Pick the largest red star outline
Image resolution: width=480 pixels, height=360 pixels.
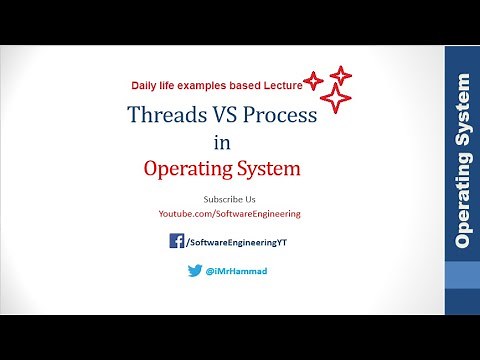coord(337,99)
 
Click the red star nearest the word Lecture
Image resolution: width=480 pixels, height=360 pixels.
coord(313,82)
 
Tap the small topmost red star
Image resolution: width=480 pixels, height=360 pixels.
coord(341,75)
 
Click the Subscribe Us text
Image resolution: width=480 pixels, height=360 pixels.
coord(229,199)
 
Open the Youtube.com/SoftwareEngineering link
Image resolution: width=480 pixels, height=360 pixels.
coord(229,214)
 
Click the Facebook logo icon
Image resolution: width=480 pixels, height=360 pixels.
coord(176,240)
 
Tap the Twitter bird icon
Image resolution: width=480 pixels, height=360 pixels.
coord(195,271)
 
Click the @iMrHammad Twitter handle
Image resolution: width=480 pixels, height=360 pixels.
coord(238,271)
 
